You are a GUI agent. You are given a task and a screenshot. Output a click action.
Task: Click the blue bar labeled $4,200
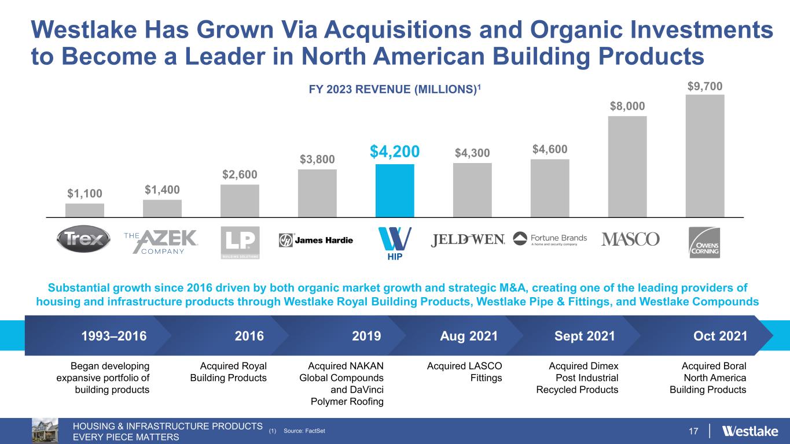pos(395,190)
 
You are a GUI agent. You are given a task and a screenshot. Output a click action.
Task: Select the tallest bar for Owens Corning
pos(704,156)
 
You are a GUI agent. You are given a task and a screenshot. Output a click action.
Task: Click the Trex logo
pos(83,239)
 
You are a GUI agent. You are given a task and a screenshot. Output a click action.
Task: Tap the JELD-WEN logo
pos(468,239)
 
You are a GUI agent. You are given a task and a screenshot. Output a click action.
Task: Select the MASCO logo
pos(630,239)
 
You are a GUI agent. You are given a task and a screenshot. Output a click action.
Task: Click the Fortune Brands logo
pos(550,240)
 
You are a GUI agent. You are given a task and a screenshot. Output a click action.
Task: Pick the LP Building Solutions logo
pos(240,242)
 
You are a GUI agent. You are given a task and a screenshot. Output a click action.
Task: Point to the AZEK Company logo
pos(161,241)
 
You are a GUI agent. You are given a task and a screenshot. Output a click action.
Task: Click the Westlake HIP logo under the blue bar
pos(395,243)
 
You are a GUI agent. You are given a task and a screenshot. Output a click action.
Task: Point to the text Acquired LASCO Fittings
pos(464,372)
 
